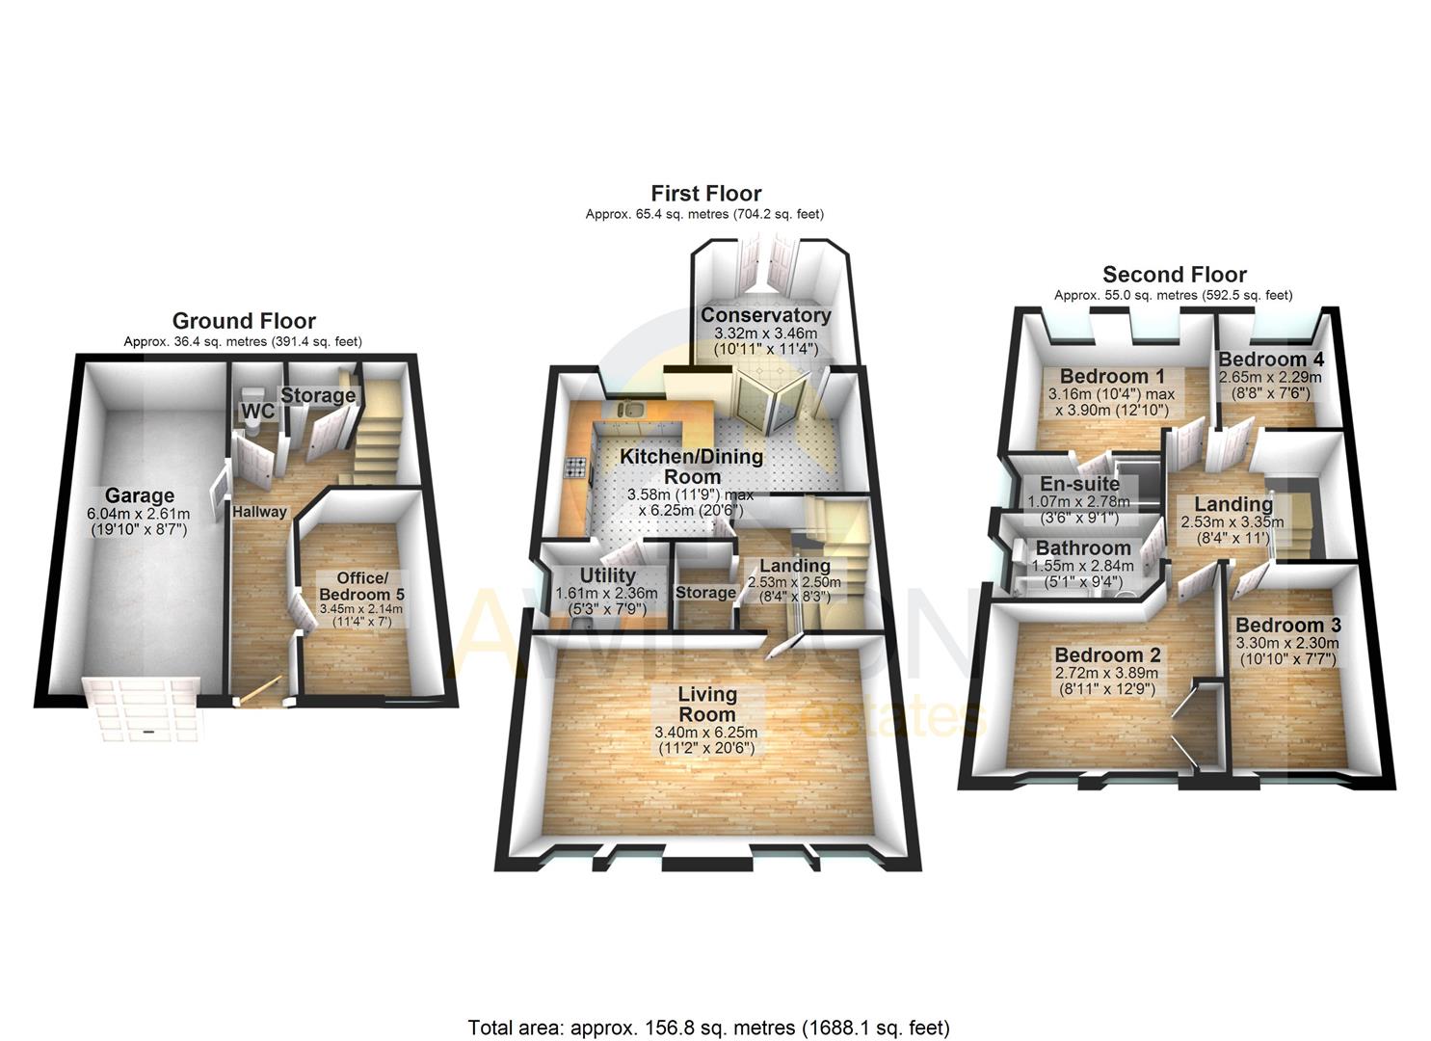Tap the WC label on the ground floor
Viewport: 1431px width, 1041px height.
click(257, 412)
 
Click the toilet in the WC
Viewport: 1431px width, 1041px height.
click(253, 394)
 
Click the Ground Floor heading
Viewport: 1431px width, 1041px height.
click(244, 321)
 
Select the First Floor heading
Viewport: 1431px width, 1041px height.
click(705, 194)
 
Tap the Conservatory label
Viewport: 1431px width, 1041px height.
click(765, 315)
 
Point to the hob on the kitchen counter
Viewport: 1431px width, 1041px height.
click(576, 468)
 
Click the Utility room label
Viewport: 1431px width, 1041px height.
click(607, 575)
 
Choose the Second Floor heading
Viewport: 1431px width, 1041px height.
click(1174, 275)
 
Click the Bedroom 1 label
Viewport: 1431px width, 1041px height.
click(1104, 376)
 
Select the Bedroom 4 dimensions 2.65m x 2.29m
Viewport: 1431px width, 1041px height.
click(1270, 378)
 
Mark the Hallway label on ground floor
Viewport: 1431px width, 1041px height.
click(259, 512)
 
